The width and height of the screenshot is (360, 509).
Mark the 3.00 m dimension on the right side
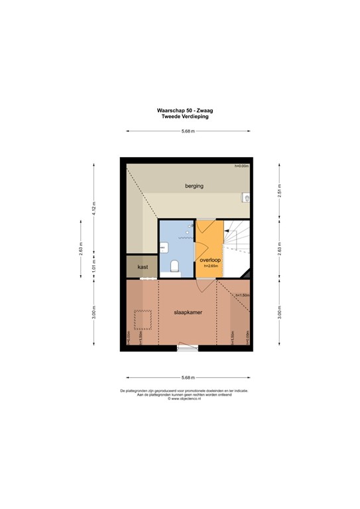coord(279,311)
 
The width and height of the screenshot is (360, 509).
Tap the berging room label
coord(194,186)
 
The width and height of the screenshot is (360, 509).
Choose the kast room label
coord(142,267)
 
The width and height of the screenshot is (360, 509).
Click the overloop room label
coord(210,261)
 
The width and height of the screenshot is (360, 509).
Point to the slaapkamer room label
coord(188,311)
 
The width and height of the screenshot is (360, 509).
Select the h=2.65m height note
coord(210,267)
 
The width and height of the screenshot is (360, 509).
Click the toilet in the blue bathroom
coord(174,267)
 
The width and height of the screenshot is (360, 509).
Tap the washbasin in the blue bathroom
coord(162,246)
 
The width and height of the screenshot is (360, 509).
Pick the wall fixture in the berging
coord(246,198)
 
